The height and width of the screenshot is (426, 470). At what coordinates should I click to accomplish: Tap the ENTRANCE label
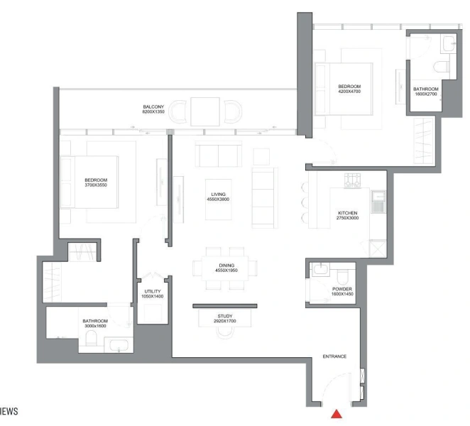click(334, 356)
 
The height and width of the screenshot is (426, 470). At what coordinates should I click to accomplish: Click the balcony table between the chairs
click(204, 111)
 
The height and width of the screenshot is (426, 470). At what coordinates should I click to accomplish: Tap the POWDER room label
click(341, 290)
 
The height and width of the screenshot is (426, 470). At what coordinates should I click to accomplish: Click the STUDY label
click(224, 316)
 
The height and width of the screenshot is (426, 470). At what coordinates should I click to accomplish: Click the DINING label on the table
click(225, 265)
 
